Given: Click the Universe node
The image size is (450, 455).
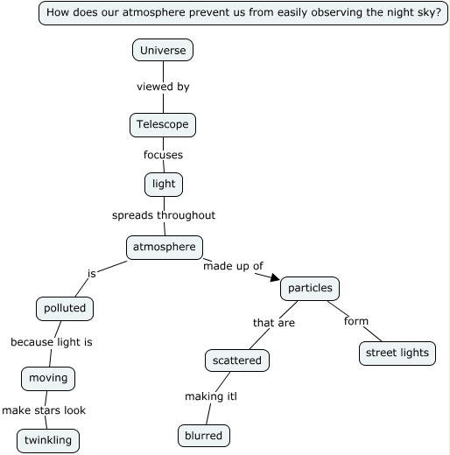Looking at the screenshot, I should (163, 51).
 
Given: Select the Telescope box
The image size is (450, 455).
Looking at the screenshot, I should (162, 125).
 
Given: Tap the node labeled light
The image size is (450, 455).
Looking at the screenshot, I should (164, 184).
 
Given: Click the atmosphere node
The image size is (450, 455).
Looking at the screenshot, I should (165, 248).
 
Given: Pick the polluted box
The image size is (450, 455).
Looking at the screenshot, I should (65, 308).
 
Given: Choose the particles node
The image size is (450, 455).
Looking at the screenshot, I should (310, 288).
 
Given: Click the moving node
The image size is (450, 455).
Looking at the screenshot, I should (47, 378).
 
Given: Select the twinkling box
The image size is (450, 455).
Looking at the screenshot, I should (48, 440).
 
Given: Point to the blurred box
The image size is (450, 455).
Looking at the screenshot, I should (204, 435).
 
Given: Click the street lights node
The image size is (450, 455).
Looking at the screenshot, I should (397, 353).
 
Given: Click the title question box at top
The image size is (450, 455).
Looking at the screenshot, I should (243, 13).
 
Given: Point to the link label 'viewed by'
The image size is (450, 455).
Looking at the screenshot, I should (163, 87).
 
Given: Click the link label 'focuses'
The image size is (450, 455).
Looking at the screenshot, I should (163, 155).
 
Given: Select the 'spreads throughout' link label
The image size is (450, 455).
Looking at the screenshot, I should (164, 215).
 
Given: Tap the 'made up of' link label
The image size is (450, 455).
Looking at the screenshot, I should (233, 266).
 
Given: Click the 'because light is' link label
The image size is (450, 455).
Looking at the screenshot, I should (52, 342).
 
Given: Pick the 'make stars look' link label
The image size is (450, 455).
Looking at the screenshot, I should (44, 409).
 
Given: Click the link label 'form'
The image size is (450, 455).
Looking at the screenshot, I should (356, 321).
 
